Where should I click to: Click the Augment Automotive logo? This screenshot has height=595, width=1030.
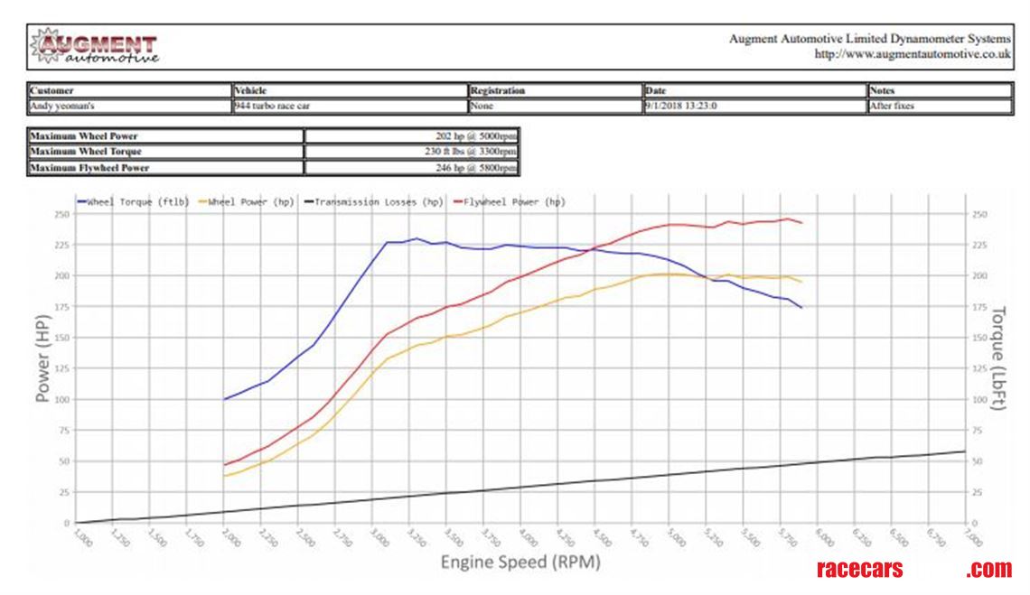point(94,47)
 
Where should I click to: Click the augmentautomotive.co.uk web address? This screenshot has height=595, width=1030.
point(913,54)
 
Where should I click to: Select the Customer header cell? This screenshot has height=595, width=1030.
point(51,91)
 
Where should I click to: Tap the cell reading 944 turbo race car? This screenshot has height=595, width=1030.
point(270,106)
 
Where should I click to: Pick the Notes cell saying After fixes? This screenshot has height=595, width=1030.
point(892,106)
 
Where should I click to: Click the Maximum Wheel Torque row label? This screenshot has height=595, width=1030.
point(86,152)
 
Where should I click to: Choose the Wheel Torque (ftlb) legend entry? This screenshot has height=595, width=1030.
point(133,202)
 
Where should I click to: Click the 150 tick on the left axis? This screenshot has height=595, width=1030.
point(61,338)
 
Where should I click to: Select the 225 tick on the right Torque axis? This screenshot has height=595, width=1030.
point(979,245)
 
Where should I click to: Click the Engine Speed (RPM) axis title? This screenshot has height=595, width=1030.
point(520,562)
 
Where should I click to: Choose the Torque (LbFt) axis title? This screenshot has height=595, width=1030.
point(998,358)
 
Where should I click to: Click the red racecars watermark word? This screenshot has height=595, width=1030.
point(859,570)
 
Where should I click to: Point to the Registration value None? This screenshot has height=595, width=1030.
point(482,106)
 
